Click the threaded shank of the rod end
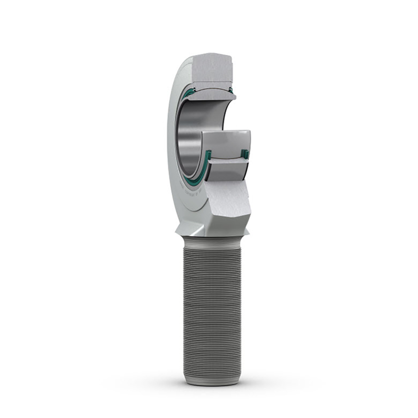[x=211, y=308]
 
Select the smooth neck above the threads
[x=212, y=240]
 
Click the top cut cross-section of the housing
[x=211, y=71]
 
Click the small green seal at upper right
[x=230, y=90]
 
